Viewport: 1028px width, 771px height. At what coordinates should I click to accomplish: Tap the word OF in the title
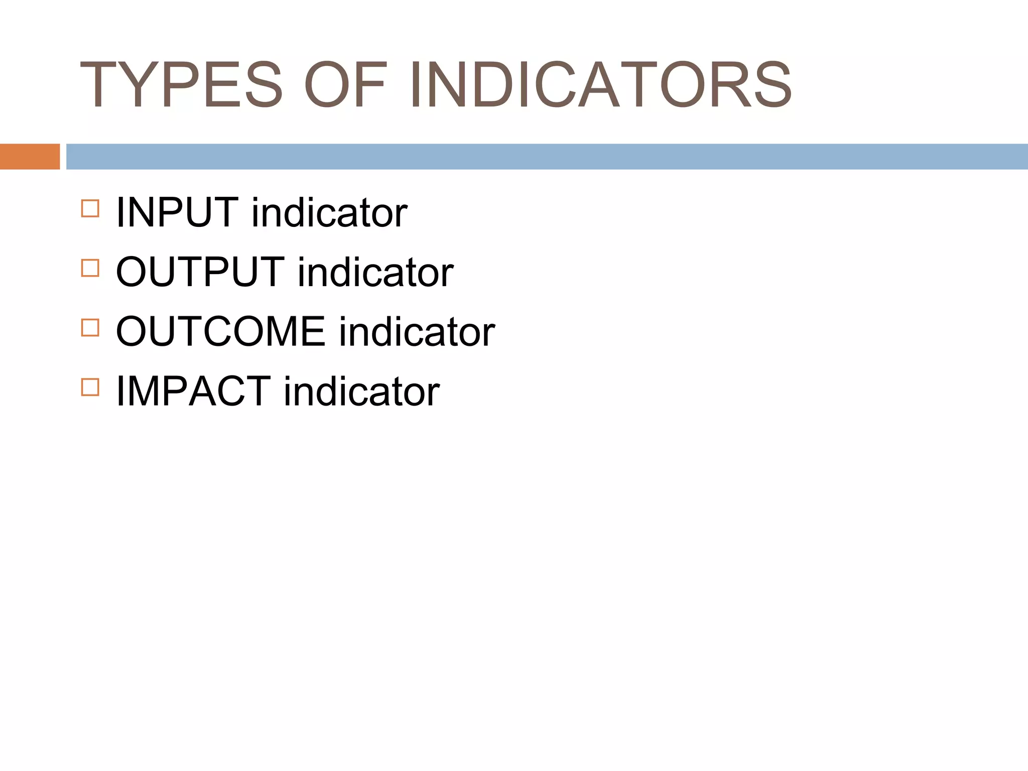(346, 84)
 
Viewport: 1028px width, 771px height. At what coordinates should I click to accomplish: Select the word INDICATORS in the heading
(600, 84)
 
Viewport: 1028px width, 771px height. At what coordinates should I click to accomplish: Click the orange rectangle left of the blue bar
(30, 157)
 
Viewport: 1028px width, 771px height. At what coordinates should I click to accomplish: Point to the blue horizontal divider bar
(547, 157)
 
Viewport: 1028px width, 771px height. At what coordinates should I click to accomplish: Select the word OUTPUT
(200, 272)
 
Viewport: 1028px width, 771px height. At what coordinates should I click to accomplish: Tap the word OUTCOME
(221, 332)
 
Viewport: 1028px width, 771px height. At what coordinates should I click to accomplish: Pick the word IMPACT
(193, 392)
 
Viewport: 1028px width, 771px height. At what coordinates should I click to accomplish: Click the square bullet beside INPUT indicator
(90, 208)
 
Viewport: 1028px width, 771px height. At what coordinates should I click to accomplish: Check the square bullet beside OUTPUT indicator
(90, 268)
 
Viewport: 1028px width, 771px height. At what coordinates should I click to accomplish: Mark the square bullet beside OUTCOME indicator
(90, 327)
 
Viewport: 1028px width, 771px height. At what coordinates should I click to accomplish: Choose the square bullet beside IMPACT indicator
(90, 387)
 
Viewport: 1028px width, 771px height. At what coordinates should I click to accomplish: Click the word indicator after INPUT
(329, 213)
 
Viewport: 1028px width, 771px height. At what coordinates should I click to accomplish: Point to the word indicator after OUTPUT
(375, 272)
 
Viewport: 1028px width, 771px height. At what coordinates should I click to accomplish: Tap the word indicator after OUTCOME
(417, 332)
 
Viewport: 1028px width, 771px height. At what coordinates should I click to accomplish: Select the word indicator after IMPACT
(362, 392)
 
